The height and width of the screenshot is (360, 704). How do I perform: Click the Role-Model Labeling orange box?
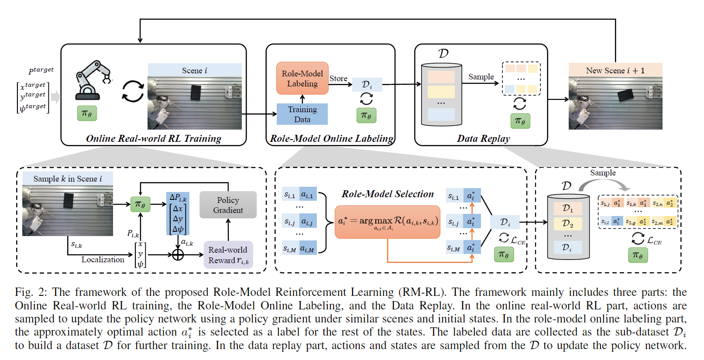click(x=302, y=79)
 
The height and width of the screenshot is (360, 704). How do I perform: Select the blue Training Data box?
click(x=302, y=114)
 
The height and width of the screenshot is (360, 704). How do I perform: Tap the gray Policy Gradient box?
click(x=228, y=205)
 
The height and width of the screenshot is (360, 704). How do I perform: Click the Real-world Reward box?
click(x=228, y=255)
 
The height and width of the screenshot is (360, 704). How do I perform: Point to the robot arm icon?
click(x=93, y=80)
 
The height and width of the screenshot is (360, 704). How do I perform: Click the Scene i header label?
click(x=194, y=70)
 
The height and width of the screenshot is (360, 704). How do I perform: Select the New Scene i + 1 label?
click(x=615, y=70)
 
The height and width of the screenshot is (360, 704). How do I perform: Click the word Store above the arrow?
click(x=338, y=79)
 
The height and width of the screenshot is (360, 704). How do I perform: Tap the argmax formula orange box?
click(x=387, y=222)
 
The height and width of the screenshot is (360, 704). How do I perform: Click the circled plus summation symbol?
click(x=178, y=254)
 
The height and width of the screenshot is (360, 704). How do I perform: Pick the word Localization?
click(x=103, y=260)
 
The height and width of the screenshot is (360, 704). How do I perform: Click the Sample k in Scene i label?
click(x=68, y=178)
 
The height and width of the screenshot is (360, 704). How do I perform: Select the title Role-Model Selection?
click(x=388, y=194)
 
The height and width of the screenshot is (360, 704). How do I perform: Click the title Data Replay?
click(x=483, y=138)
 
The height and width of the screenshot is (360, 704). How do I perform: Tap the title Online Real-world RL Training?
click(x=153, y=138)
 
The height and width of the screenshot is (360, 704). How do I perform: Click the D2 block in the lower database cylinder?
click(x=567, y=223)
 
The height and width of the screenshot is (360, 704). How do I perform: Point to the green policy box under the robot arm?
click(x=87, y=113)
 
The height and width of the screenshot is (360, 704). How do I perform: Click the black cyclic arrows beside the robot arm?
click(x=133, y=91)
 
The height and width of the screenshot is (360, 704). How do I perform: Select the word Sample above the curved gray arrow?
click(x=603, y=173)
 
